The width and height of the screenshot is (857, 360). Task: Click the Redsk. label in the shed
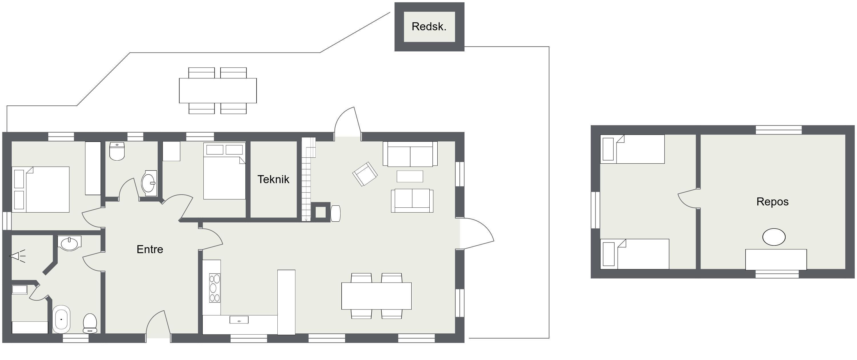click(429, 27)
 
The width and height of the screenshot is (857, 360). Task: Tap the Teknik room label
click(273, 179)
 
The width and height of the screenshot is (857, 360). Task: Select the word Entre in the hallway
click(150, 249)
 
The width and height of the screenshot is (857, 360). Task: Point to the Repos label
click(772, 202)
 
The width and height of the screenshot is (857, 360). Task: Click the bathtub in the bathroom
click(61, 319)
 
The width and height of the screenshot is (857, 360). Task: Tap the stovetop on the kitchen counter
click(215, 288)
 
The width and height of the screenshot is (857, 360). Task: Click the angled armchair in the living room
click(365, 174)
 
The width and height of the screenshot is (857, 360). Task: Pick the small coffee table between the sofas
click(410, 176)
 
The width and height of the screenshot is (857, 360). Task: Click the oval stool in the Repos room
click(774, 237)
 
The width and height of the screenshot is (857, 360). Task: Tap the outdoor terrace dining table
click(218, 91)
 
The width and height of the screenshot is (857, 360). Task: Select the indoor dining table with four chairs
click(377, 296)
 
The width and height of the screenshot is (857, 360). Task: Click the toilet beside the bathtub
click(90, 323)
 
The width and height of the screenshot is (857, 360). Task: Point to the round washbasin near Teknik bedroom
click(149, 183)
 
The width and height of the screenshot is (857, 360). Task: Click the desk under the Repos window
click(776, 259)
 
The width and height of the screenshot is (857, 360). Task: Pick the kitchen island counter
click(287, 302)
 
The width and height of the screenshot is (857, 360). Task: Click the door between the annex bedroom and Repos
click(687, 198)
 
